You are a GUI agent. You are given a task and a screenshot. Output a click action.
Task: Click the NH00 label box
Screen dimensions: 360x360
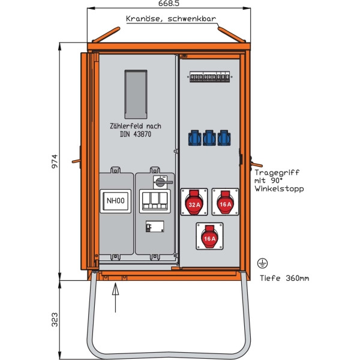tap(115, 202)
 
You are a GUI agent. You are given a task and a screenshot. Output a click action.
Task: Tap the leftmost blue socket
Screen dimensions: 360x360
tap(194, 138)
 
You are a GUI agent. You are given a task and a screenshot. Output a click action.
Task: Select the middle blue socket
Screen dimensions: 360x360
tap(209, 138)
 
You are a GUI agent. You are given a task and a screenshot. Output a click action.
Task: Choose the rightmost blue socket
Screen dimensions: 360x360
tap(223, 138)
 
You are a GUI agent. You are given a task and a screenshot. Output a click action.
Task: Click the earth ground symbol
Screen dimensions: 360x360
tap(262, 263)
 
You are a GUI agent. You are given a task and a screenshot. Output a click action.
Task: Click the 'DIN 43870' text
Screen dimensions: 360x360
tap(131, 134)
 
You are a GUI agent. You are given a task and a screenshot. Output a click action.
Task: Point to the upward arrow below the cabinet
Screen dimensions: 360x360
tap(116, 296)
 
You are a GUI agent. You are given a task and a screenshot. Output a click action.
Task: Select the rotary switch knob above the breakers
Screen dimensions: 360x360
tap(161, 181)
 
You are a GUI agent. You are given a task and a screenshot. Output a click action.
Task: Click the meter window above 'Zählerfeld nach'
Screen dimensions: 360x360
tap(136, 94)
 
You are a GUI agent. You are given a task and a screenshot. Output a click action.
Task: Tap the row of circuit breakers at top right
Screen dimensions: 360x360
tap(209, 78)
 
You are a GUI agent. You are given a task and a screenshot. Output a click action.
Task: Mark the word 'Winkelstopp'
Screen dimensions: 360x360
tap(280, 188)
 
